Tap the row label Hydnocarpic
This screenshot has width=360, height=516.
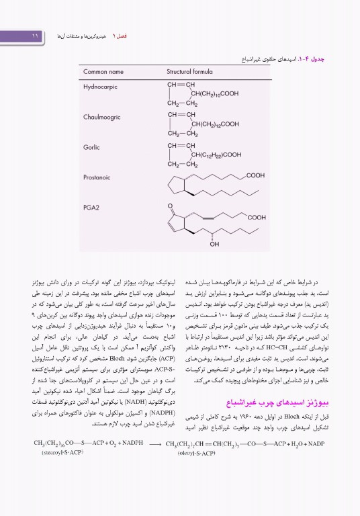101,87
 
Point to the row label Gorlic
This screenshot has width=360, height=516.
92,147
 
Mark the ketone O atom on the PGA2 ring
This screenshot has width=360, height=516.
171,205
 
